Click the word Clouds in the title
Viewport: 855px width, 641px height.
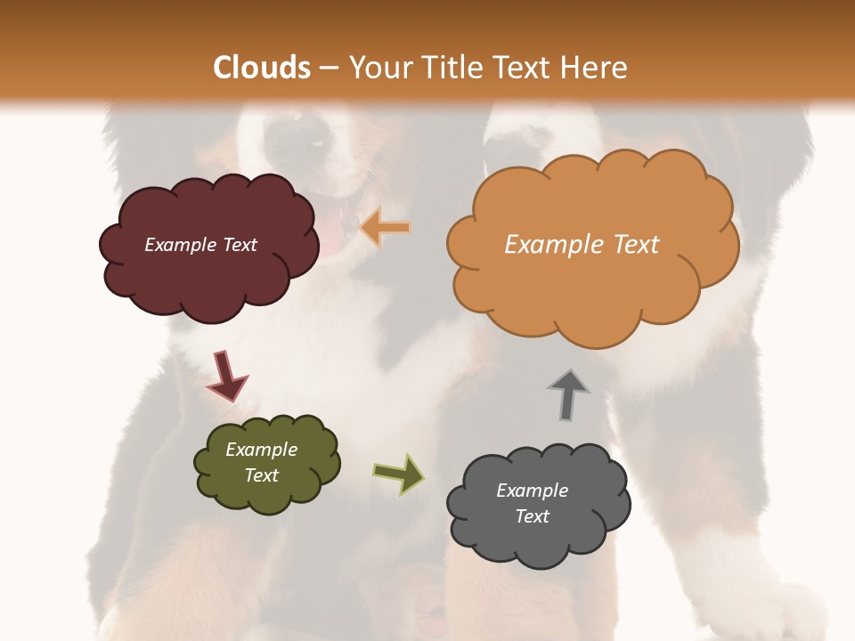[x=263, y=68]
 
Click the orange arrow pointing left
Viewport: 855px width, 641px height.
[x=386, y=228]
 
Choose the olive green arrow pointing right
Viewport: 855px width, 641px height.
[x=398, y=473]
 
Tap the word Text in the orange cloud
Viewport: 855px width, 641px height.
[x=635, y=245]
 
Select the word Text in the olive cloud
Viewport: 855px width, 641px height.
[x=262, y=475]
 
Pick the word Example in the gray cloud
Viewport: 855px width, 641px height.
[x=532, y=491]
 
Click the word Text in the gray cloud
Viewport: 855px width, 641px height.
[x=533, y=516]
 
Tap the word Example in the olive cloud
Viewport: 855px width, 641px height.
[x=262, y=450]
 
